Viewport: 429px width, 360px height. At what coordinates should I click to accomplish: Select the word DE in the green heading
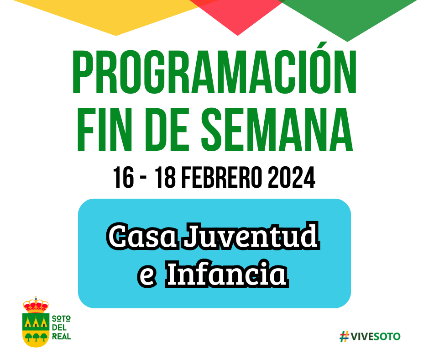[166, 130]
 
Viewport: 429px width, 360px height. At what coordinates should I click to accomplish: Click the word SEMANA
[277, 130]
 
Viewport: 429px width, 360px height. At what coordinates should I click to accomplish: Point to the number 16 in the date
[124, 178]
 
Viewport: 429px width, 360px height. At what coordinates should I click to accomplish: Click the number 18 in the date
[165, 178]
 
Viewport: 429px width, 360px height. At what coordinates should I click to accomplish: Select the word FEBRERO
[222, 178]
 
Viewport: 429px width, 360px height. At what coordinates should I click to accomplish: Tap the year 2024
[292, 178]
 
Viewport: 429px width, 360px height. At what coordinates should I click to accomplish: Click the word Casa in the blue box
[142, 236]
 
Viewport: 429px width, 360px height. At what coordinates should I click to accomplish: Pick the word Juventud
[251, 236]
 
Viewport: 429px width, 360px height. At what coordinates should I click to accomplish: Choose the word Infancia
[227, 274]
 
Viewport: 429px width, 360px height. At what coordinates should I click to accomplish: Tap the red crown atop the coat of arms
[36, 305]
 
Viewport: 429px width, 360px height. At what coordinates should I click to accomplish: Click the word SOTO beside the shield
[61, 318]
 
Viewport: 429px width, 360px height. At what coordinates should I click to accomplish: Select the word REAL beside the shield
[61, 336]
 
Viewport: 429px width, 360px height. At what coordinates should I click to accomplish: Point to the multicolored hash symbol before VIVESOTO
[345, 336]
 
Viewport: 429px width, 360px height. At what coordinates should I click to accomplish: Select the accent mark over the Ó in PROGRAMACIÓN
[323, 45]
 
